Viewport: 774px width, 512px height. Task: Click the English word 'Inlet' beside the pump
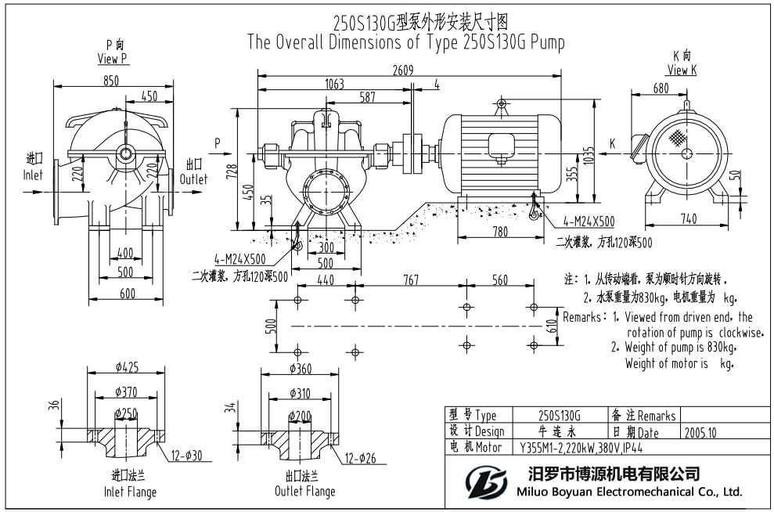[32, 175]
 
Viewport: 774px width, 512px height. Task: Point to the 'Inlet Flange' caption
[130, 492]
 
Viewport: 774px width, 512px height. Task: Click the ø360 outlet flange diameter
[301, 369]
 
